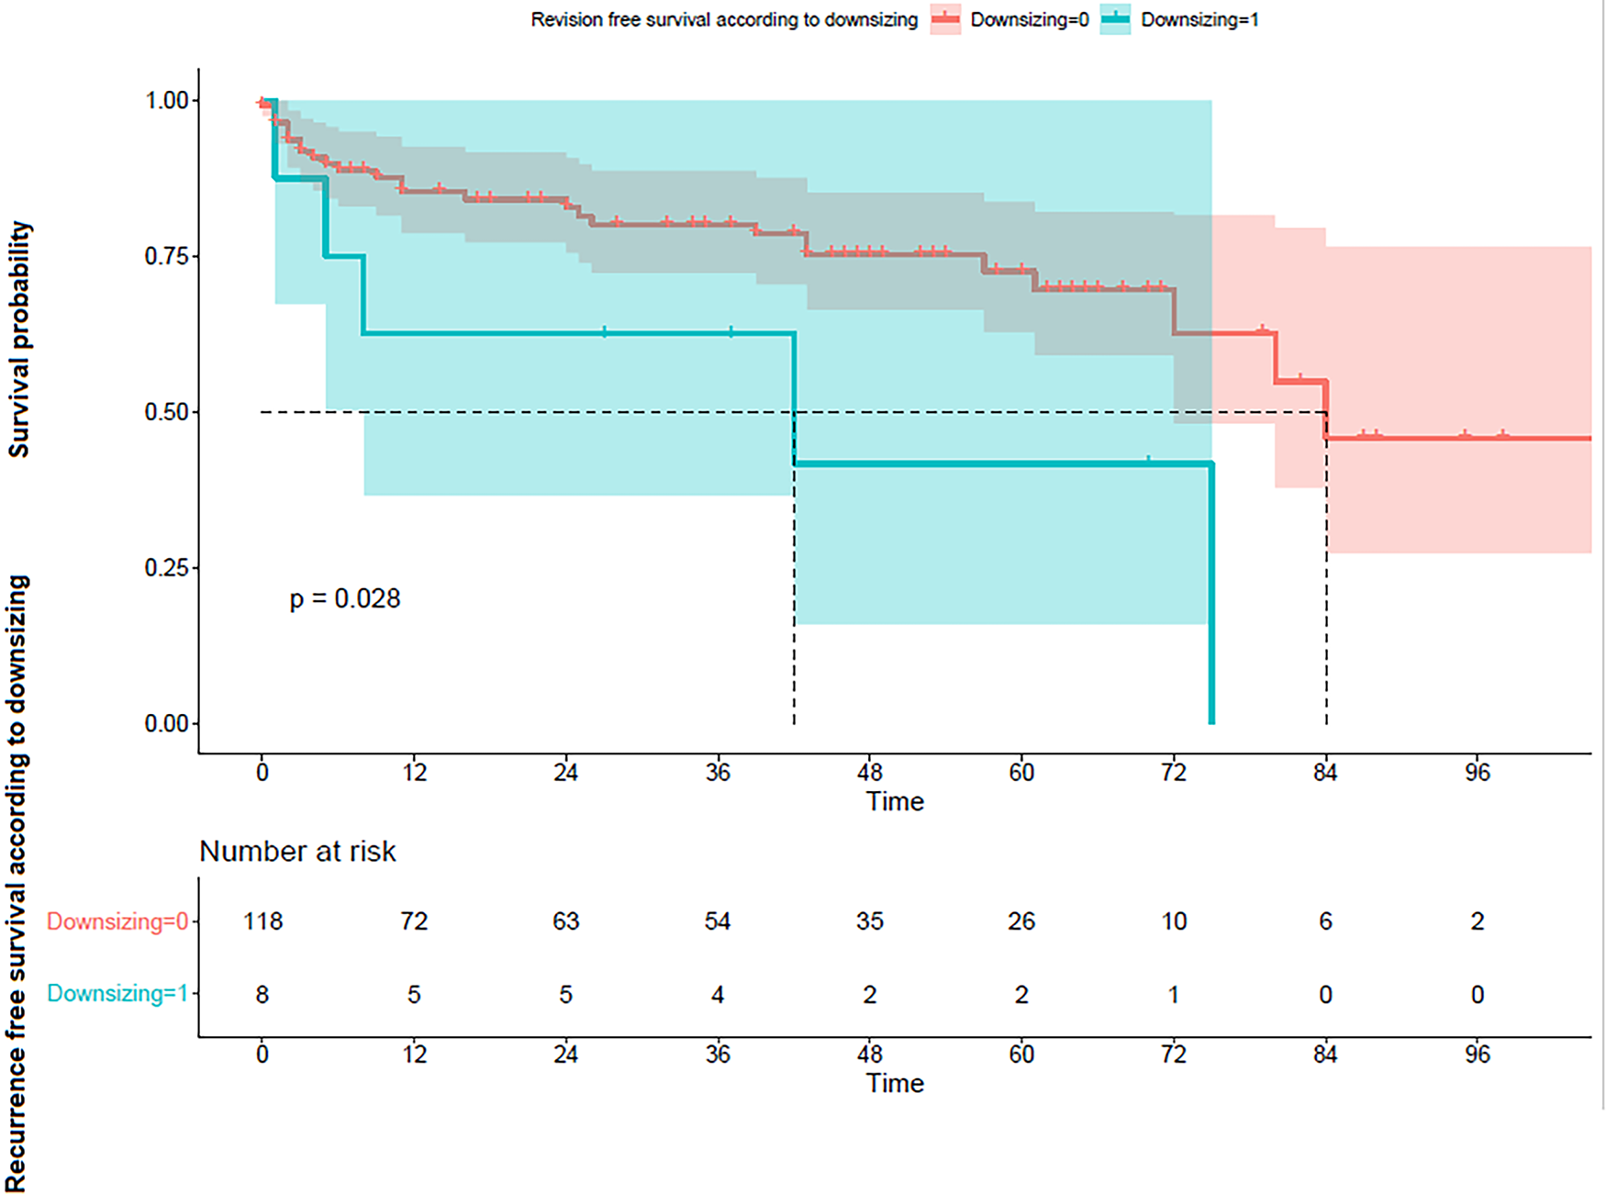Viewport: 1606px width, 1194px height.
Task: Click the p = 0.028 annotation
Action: [345, 598]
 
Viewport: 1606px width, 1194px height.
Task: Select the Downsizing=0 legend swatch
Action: [945, 19]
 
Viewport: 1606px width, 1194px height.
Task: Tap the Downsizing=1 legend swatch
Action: [1115, 19]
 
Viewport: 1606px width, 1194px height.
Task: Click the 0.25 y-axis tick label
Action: [167, 568]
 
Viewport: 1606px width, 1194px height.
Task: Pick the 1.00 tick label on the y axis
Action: [167, 100]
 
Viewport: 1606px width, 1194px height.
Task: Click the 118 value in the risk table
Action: [262, 921]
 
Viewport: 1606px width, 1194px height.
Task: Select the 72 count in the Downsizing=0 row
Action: [414, 921]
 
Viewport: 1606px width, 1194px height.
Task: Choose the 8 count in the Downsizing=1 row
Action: [262, 994]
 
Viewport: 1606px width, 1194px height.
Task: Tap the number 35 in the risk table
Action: [870, 921]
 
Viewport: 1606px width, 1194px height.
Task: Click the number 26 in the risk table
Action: [1021, 921]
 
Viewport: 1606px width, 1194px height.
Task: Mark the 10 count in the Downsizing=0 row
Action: [1174, 921]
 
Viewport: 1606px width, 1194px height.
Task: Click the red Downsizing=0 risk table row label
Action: [117, 921]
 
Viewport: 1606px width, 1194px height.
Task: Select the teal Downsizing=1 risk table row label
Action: [117, 994]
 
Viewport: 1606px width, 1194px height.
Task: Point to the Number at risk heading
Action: [297, 852]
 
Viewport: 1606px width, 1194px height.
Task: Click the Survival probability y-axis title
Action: [19, 339]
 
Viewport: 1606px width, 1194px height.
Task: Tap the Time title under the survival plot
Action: [895, 801]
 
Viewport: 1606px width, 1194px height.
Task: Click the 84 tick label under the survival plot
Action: [1325, 773]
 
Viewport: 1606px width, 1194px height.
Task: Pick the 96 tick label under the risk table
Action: [1477, 1055]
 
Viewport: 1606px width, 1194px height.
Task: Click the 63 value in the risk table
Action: [566, 921]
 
